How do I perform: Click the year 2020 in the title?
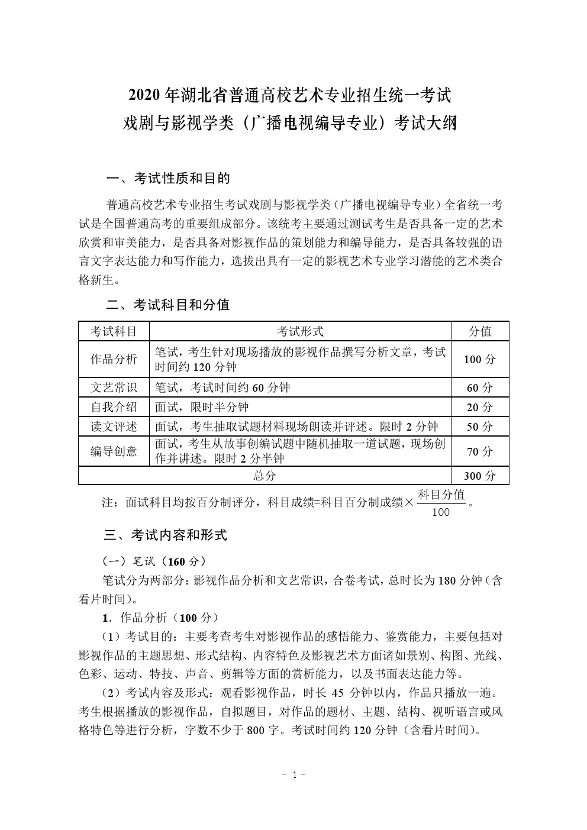[145, 95]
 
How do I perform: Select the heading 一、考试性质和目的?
[167, 178]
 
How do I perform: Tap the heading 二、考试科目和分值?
[167, 305]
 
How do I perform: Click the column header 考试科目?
[114, 331]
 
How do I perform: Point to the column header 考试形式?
[300, 331]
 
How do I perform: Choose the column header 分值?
[480, 331]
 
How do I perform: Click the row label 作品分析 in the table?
[114, 359]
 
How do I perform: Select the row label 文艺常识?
[114, 387]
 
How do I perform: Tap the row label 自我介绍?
[114, 407]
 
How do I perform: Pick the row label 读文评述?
[114, 427]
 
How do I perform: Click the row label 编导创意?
[114, 451]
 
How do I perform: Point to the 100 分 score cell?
[480, 359]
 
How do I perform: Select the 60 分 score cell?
[480, 387]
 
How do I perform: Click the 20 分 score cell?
[480, 407]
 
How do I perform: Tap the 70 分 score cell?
[480, 451]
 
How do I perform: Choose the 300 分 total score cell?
[480, 476]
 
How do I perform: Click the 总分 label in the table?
[265, 476]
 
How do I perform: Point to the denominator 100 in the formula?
[441, 512]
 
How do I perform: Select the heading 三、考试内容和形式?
[166, 535]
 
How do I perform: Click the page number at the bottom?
[293, 774]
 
